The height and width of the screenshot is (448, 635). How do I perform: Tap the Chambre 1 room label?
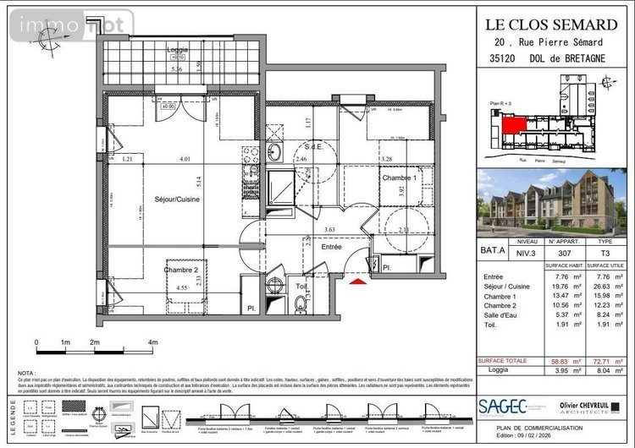pos(398,178)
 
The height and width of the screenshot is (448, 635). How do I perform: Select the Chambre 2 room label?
pos(180,270)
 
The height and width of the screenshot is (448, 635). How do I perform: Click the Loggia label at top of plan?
pos(178,50)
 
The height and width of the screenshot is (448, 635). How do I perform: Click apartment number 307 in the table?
pos(550,251)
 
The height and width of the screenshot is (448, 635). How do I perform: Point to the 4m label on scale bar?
pos(152,342)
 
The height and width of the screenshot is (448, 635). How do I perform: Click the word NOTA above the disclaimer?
pos(27,372)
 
